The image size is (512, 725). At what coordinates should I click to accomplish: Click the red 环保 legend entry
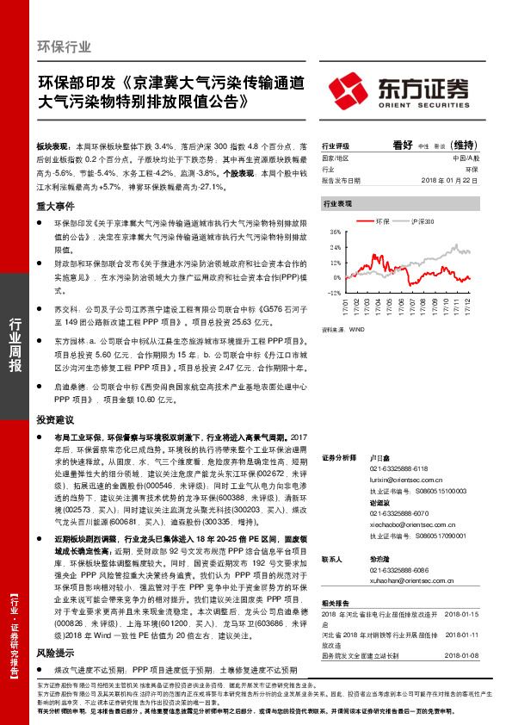point(380,222)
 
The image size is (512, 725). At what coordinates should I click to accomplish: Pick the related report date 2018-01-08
point(464,654)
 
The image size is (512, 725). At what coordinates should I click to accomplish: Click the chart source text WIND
point(357,329)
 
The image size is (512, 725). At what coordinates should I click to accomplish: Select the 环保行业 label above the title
point(64,46)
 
